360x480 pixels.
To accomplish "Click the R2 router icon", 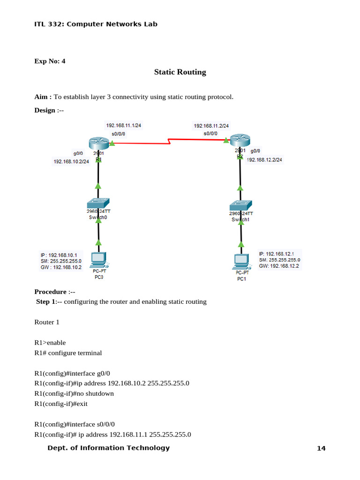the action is coord(240,140).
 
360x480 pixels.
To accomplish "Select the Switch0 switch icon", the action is coord(98,203).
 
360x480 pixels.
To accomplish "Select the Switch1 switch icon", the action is coord(241,205).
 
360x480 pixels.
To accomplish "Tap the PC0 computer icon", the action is coord(98,259).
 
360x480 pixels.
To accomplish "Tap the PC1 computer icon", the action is coord(241,262).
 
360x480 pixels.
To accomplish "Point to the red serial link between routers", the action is coord(169,141).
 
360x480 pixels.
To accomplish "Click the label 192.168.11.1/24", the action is coord(123,125).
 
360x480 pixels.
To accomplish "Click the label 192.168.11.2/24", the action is coord(211,126).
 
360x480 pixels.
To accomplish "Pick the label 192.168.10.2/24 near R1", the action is coord(71,162).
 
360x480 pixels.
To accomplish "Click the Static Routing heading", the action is coord(180,72).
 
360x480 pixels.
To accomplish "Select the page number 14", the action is coord(321,449).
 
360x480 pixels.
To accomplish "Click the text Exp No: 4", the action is coord(50,60).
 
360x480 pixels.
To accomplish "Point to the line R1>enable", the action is coord(50,343).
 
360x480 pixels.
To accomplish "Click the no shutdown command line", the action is coord(74,393).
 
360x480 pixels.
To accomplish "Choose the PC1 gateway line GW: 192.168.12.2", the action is coord(279,266).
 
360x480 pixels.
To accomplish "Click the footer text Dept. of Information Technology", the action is coord(109,448).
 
